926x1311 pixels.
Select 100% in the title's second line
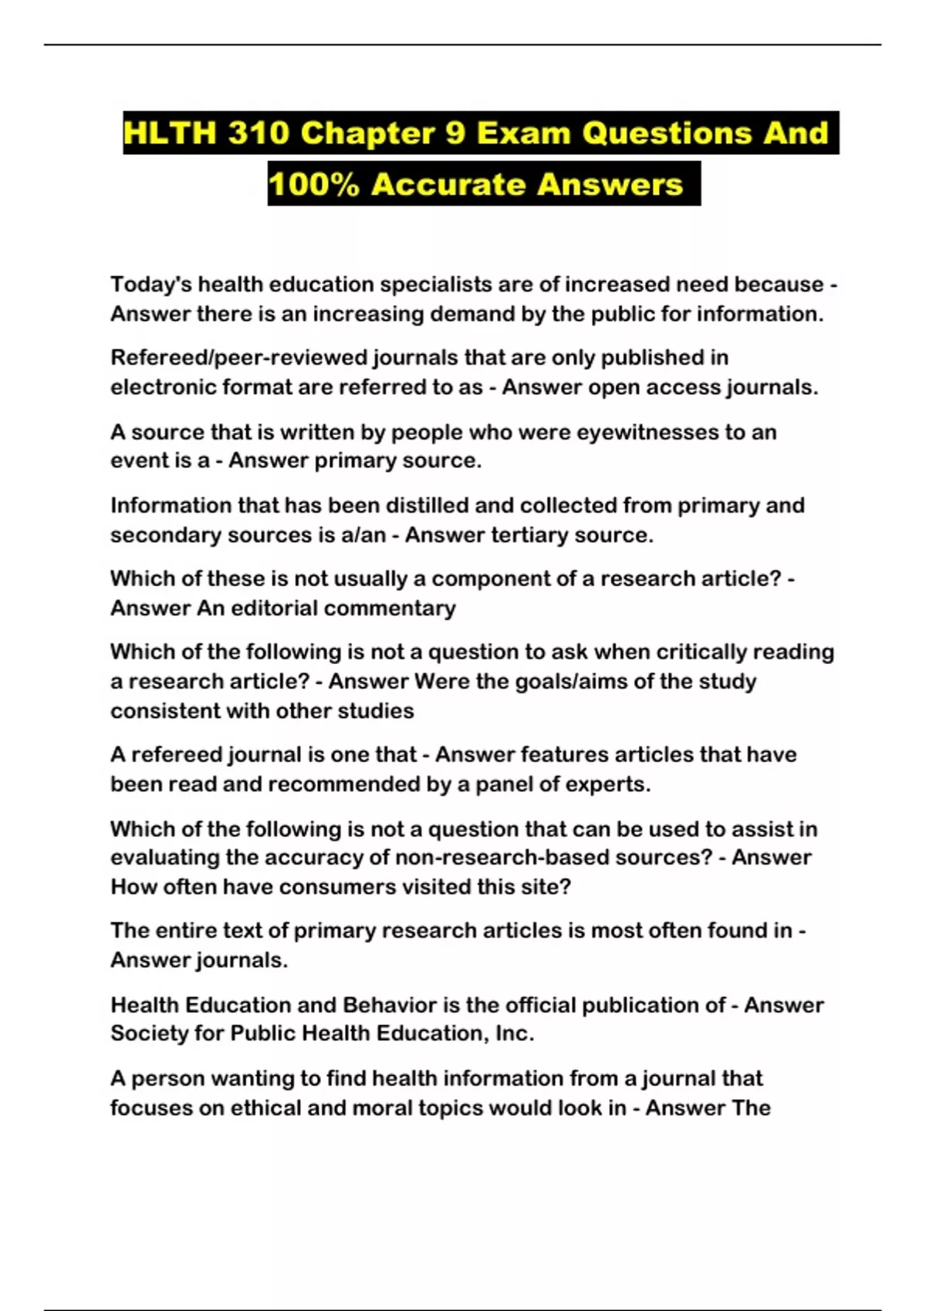(313, 184)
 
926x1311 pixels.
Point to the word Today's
(150, 285)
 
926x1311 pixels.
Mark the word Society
(148, 1033)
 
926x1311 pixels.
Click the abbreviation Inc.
(514, 1033)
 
